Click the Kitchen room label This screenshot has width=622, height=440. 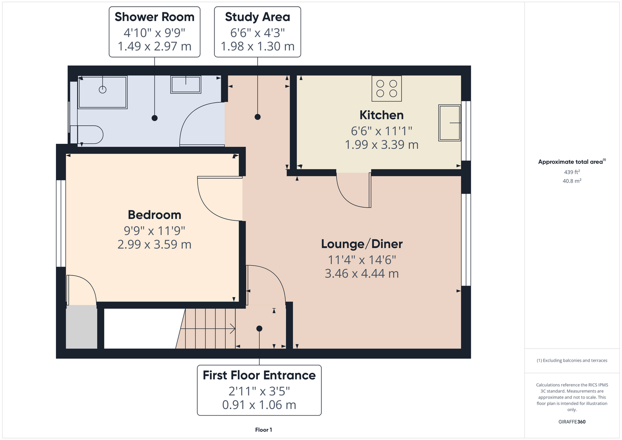[x=382, y=115]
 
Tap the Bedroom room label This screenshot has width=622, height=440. [x=155, y=215]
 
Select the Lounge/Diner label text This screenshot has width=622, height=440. [x=362, y=244]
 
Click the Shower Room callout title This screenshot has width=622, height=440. [x=155, y=17]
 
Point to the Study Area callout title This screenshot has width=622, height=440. [x=258, y=17]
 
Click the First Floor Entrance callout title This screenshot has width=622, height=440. [x=259, y=375]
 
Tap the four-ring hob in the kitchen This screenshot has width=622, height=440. [x=386, y=88]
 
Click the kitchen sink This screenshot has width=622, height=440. [x=449, y=123]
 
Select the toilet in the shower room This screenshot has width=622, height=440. [x=86, y=135]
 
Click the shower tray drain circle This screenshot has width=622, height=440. [x=103, y=90]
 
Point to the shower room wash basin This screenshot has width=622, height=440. [x=185, y=84]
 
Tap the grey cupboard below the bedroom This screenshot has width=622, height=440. [x=81, y=327]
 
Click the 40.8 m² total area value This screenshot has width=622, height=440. [x=572, y=181]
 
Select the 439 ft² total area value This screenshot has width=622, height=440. [x=572, y=172]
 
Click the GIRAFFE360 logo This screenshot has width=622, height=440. [x=572, y=422]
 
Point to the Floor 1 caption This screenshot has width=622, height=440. [x=264, y=430]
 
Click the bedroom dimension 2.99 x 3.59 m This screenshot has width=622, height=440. [x=155, y=245]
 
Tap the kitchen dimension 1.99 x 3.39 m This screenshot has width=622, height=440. [x=382, y=145]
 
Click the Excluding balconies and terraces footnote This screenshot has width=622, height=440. [x=572, y=360]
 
